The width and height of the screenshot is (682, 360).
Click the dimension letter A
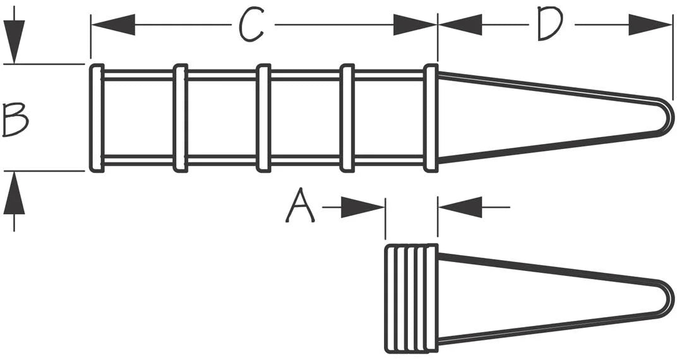tap(300, 206)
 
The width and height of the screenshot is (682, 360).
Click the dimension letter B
tap(15, 119)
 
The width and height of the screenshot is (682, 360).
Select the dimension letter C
tap(252, 25)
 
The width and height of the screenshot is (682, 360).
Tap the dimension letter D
tap(550, 24)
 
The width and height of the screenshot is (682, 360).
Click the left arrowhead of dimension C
tap(113, 25)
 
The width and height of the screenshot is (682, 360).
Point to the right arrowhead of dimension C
tap(415, 25)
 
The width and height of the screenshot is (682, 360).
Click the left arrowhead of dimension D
tap(460, 25)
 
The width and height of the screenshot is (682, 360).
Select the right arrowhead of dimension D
tap(650, 25)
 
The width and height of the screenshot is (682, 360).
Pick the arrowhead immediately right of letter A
tap(362, 207)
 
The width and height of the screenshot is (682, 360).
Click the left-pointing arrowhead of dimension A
tap(460, 207)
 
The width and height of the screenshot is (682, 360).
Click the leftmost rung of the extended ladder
tap(97, 118)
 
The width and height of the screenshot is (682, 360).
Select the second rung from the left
tap(181, 118)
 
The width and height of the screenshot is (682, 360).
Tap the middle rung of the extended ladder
tap(263, 118)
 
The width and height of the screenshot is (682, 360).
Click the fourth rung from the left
tap(347, 118)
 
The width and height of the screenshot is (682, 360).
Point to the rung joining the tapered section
tap(431, 118)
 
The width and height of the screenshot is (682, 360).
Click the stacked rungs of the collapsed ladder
tap(412, 298)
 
